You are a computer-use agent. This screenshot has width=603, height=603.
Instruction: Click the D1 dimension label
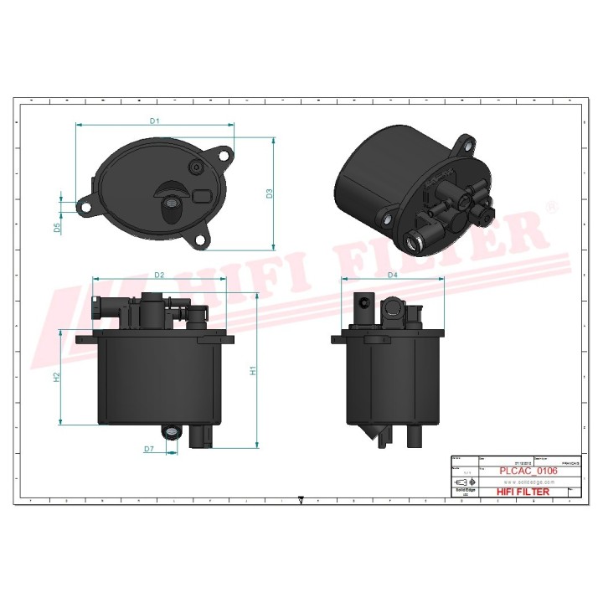point(154,121)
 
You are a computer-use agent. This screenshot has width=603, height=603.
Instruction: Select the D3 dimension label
point(270,193)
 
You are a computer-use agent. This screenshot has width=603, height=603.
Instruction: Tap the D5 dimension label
point(58,227)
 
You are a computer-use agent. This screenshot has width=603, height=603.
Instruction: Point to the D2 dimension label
point(159,275)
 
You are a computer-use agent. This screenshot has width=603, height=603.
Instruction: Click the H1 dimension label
point(253,369)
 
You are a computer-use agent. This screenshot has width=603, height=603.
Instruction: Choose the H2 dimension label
point(57,377)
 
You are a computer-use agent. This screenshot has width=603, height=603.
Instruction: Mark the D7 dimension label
point(148,449)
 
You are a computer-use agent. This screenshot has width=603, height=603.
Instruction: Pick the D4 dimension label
point(392,275)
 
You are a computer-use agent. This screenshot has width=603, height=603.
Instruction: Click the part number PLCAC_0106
point(528,472)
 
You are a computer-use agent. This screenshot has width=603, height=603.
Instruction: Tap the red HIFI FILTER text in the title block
point(523,492)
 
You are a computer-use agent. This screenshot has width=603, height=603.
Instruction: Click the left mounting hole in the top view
point(85,204)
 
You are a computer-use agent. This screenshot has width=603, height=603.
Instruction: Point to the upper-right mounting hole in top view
point(224,154)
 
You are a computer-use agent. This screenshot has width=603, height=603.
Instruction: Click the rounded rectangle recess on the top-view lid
point(203,196)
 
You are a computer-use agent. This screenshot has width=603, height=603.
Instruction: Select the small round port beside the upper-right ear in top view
point(197,168)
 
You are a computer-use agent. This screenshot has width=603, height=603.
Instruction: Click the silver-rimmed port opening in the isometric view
point(412,242)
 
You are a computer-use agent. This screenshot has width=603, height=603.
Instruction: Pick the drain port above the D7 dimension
point(173,432)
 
